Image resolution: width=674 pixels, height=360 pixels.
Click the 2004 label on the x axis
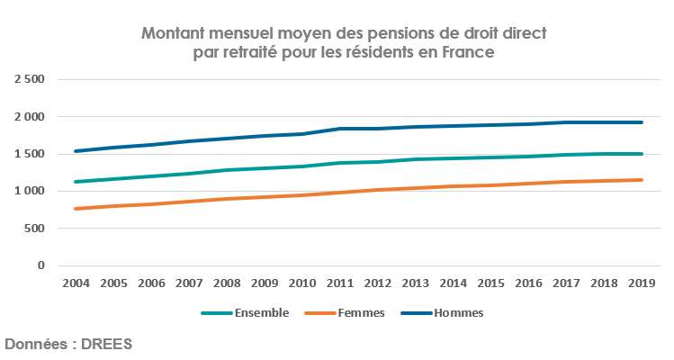(x=76, y=283)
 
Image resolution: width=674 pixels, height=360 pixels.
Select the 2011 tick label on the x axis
(x=340, y=283)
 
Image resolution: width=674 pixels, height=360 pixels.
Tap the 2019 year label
(x=642, y=283)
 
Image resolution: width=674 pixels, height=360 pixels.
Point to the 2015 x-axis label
(x=490, y=283)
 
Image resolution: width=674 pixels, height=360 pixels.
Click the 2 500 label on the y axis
(x=29, y=79)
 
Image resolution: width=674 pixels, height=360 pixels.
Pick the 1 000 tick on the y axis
(x=29, y=191)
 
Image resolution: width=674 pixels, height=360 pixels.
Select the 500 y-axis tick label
(x=34, y=229)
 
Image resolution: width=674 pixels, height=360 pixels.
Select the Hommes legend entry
(x=459, y=313)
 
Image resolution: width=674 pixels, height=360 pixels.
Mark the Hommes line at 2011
(x=340, y=129)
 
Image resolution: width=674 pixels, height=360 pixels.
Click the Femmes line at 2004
(x=76, y=209)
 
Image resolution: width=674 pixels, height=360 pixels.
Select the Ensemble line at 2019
(x=642, y=154)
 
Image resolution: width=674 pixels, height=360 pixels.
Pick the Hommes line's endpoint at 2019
(x=642, y=122)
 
